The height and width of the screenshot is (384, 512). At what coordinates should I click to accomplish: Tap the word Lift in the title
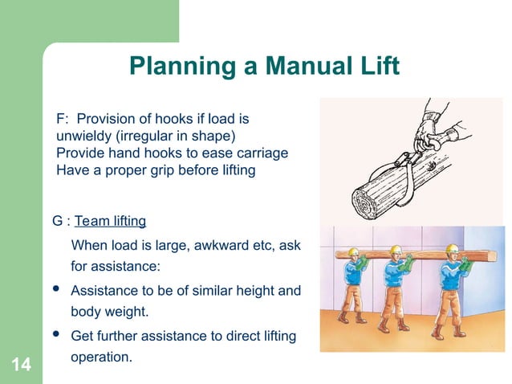click(374, 65)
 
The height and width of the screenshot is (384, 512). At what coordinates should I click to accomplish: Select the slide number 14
click(22, 366)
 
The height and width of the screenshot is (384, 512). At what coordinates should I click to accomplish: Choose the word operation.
click(101, 355)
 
